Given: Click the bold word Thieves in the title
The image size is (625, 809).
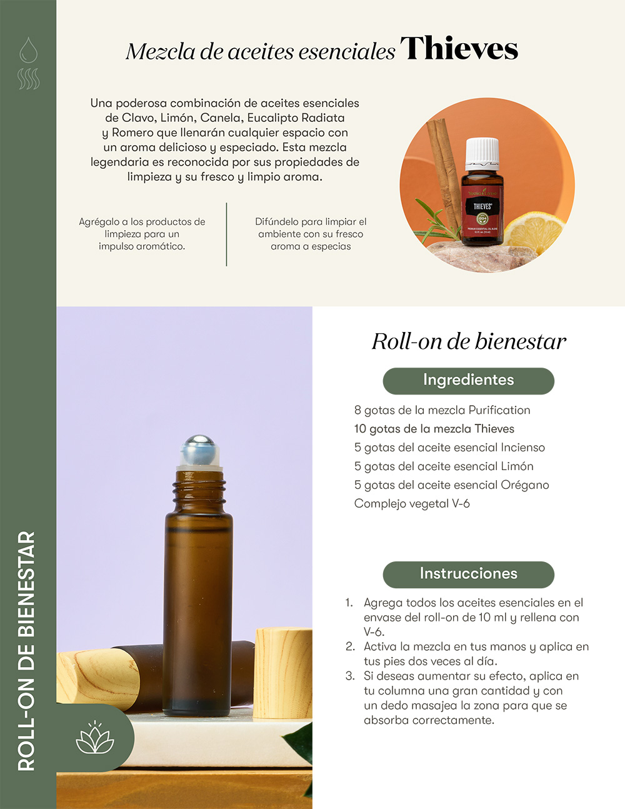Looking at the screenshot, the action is point(459,49).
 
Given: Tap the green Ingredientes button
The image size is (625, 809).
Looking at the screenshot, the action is point(468,381).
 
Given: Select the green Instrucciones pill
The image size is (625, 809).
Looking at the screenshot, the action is point(468,575).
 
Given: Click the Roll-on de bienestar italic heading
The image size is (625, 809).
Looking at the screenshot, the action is point(469,341).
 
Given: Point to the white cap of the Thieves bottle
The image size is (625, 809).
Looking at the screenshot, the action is point(482,154).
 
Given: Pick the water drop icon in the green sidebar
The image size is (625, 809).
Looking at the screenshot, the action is point(29,49).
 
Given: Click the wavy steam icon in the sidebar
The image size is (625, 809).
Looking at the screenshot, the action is point(29,79).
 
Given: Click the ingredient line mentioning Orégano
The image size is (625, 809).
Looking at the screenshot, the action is point(451,485).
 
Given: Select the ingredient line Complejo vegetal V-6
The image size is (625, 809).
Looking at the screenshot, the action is point(412,504).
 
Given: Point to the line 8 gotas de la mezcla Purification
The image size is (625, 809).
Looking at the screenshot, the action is point(442,410).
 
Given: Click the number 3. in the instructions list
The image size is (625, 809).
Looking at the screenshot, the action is point(350,676).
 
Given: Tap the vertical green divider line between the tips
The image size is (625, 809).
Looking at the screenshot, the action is point(226,234).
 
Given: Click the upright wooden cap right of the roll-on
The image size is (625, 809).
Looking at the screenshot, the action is point(282,673).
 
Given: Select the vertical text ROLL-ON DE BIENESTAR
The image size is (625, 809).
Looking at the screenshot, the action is point(26,651).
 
